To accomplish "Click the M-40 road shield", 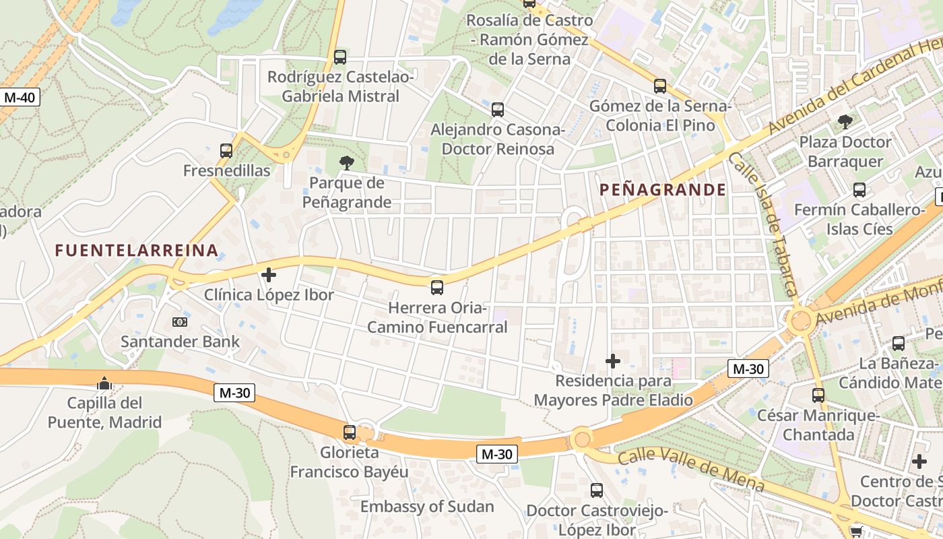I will [x=20, y=97].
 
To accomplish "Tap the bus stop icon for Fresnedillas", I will [x=226, y=151].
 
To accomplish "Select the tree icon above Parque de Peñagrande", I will [x=347, y=162].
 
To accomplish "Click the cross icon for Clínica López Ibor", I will [x=269, y=275].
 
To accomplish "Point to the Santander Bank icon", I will [x=179, y=322].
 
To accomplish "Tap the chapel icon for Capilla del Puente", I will [x=104, y=383].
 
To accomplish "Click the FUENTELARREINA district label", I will [x=137, y=251].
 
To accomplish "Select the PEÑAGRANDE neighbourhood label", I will [x=663, y=190].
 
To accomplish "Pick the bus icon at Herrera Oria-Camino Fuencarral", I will [x=437, y=288].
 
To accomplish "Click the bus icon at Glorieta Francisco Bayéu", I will [x=349, y=433].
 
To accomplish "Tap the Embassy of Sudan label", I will [x=427, y=506].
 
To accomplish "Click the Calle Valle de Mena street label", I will [x=691, y=470].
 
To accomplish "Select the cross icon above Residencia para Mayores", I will [x=613, y=361].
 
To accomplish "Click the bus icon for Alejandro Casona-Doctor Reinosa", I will [x=497, y=109].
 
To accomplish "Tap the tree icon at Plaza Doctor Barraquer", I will [x=845, y=122].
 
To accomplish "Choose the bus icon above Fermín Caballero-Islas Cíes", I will [x=859, y=190].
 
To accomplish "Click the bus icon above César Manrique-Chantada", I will [x=818, y=395].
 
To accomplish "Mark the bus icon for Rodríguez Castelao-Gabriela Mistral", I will [x=340, y=57].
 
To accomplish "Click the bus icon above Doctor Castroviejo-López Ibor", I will [x=597, y=490].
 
